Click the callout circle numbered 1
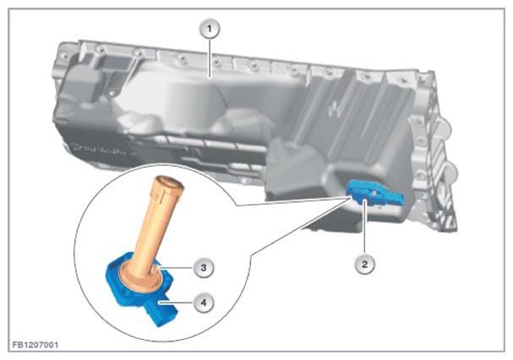coord(210,29)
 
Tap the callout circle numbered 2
coord(364,264)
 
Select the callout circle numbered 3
coord(204,268)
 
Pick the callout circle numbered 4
coord(204,303)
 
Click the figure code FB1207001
coord(35,345)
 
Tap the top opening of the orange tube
coord(170,183)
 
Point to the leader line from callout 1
coord(210,58)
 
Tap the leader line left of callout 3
coord(177,268)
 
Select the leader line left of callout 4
coord(177,303)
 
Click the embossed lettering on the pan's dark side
coord(99,150)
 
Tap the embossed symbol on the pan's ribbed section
coord(335,107)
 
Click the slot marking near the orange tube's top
coord(162,196)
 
